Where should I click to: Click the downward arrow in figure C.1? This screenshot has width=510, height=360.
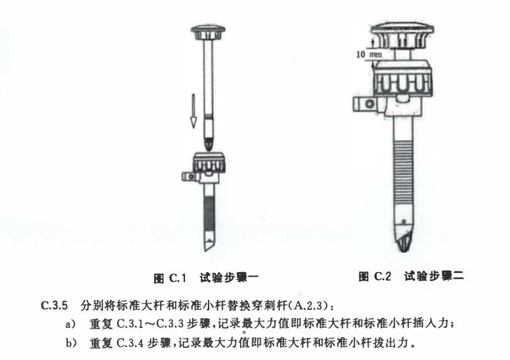pyautogui.click(x=194, y=111)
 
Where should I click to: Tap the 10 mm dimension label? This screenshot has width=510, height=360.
pyautogui.click(x=369, y=54)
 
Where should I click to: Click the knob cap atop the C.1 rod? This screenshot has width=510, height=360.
pyautogui.click(x=208, y=33)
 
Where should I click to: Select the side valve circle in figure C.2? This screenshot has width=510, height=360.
pyautogui.click(x=370, y=104)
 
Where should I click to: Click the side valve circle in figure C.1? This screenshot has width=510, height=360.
pyautogui.click(x=191, y=176)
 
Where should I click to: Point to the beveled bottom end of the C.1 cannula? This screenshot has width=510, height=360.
pyautogui.click(x=209, y=244)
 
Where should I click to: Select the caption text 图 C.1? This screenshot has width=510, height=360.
pyautogui.click(x=170, y=278)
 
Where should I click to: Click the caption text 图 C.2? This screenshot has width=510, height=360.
pyautogui.click(x=375, y=276)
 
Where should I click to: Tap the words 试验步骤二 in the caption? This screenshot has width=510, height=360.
pyautogui.click(x=434, y=276)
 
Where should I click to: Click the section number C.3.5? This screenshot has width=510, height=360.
pyautogui.click(x=54, y=306)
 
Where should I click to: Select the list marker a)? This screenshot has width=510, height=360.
pyautogui.click(x=70, y=324)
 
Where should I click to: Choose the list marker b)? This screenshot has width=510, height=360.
pyautogui.click(x=71, y=343)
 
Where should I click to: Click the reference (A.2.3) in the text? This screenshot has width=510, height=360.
pyautogui.click(x=306, y=306)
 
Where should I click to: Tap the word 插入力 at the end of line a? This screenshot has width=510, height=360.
pyautogui.click(x=431, y=324)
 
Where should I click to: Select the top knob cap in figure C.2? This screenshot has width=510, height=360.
pyautogui.click(x=402, y=36)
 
